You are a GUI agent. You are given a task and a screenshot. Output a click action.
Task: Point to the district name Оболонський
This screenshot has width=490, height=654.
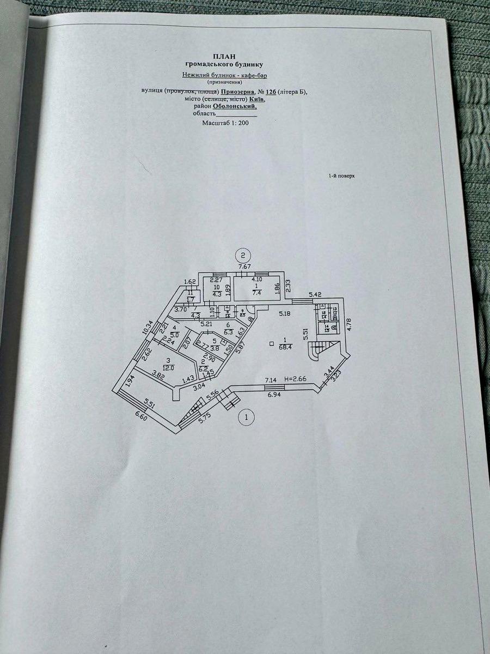point(234,107)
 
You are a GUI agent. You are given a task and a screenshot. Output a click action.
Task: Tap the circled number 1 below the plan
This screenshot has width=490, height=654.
point(247,418)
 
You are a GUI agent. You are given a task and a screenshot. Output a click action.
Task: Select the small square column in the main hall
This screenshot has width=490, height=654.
point(271,343)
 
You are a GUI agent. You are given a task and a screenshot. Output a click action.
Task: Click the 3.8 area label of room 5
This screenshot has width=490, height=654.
point(215,349)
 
